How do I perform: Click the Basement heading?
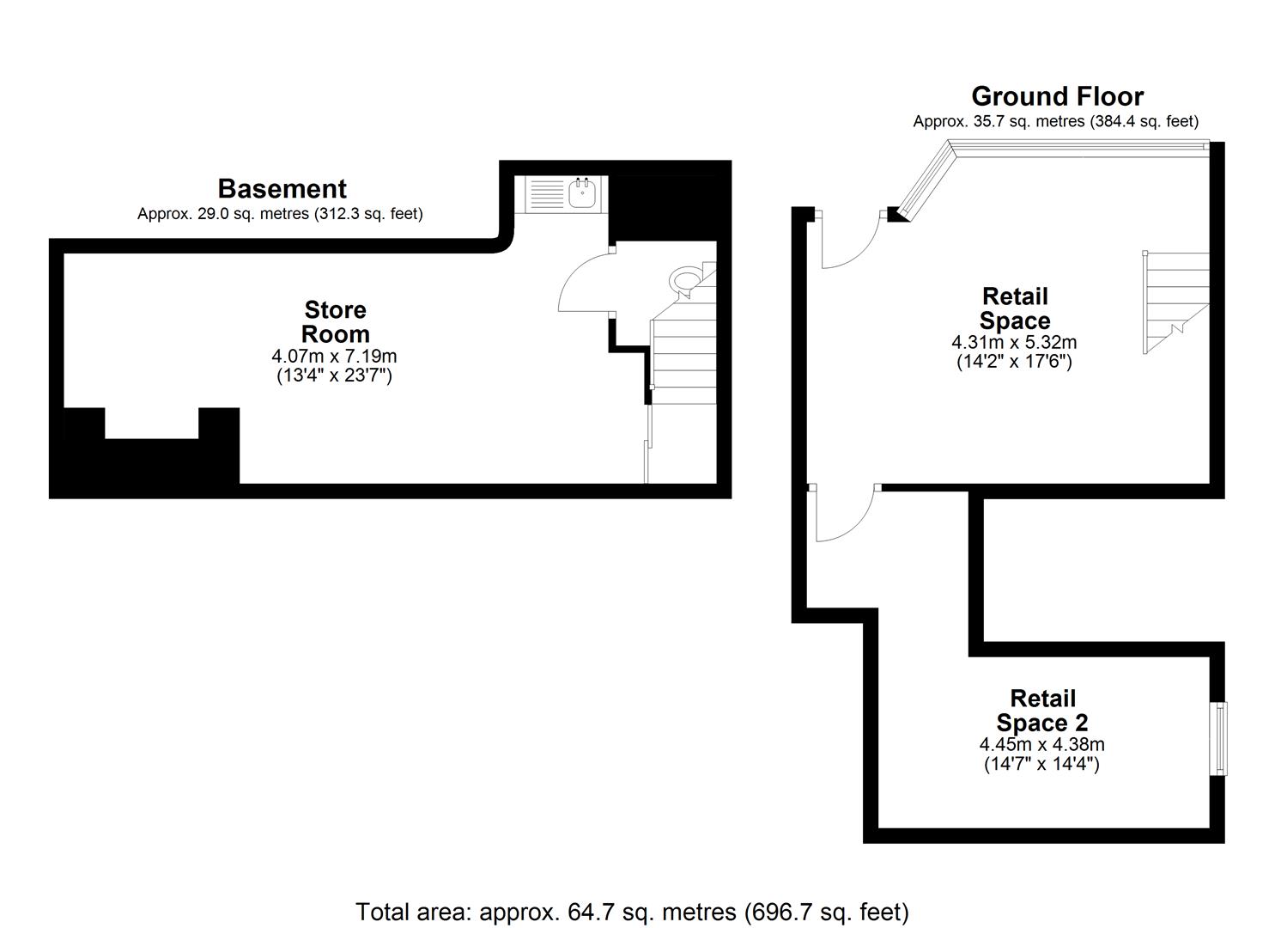[282, 189]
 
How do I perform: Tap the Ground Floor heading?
[1057, 96]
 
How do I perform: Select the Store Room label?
[335, 321]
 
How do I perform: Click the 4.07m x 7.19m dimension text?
[334, 356]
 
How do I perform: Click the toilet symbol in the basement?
[685, 281]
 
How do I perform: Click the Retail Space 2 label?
[1042, 711]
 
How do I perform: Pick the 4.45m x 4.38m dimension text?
[1041, 745]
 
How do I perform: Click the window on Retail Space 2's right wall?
[1218, 738]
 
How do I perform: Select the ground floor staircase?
[1175, 301]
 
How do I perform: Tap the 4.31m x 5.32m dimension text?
[1014, 342]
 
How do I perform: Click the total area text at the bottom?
[632, 912]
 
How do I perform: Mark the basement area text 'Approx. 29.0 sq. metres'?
[280, 214]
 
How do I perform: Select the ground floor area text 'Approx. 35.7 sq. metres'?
[1055, 121]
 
